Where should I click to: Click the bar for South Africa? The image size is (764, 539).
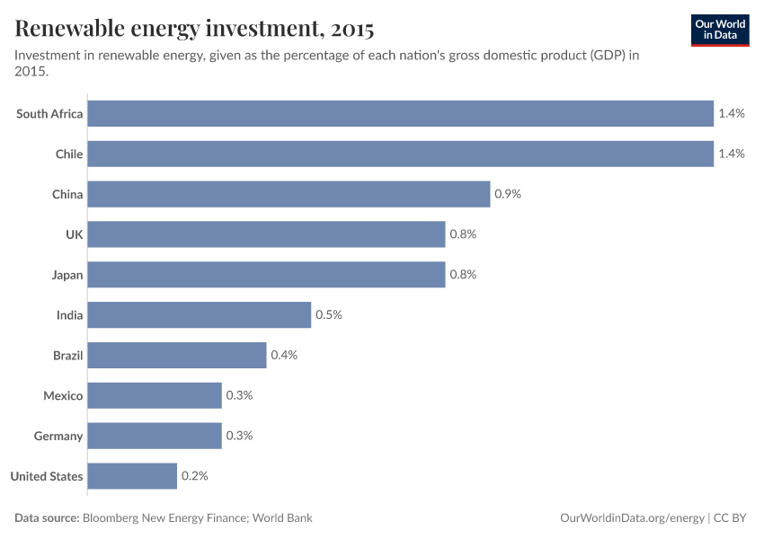pyautogui.click(x=400, y=113)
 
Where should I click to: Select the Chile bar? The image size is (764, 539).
pyautogui.click(x=400, y=154)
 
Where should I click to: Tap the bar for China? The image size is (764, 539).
pyautogui.click(x=289, y=194)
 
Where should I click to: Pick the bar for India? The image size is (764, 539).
pyautogui.click(x=199, y=314)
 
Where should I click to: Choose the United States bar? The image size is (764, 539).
pyautogui.click(x=132, y=476)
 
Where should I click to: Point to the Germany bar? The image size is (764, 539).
pyautogui.click(x=155, y=436)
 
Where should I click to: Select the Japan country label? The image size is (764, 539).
pyautogui.click(x=67, y=275)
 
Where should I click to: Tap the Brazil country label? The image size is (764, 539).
pyautogui.click(x=67, y=356)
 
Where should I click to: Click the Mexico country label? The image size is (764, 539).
pyautogui.click(x=63, y=396)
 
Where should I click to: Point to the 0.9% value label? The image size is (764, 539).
pyautogui.click(x=508, y=194)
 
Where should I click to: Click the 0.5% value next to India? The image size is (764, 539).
pyautogui.click(x=329, y=315)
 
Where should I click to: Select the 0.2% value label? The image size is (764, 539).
pyautogui.click(x=194, y=476)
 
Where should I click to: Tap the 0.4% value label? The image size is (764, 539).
pyautogui.click(x=284, y=356)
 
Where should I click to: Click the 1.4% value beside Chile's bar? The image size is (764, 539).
pyautogui.click(x=732, y=154)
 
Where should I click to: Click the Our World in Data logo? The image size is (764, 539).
pyautogui.click(x=720, y=30)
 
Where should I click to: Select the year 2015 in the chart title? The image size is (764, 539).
pyautogui.click(x=352, y=30)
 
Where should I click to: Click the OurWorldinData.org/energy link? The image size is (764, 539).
pyautogui.click(x=630, y=518)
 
